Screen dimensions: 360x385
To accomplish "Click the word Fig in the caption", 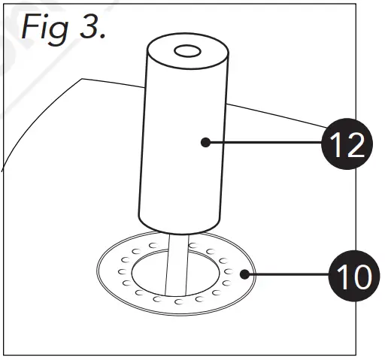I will pos(49,28).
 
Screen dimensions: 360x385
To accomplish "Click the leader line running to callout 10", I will pos(286,276).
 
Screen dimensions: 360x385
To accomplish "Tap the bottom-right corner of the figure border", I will pos(354,353).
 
